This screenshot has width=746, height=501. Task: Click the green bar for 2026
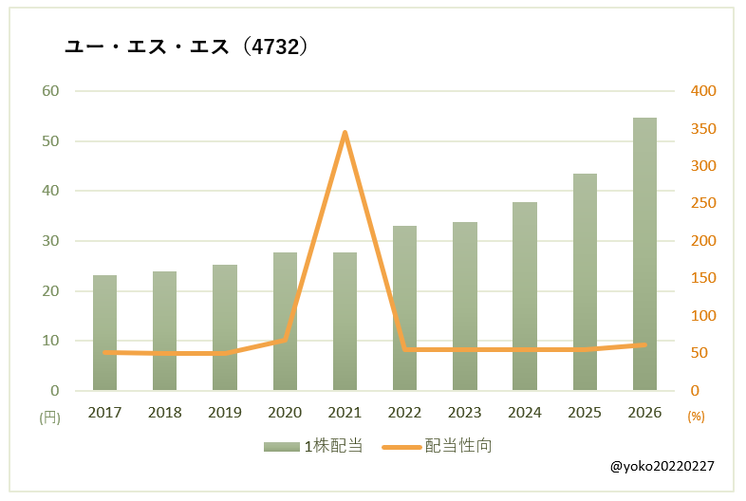[644, 254]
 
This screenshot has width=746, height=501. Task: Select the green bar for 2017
[104, 333]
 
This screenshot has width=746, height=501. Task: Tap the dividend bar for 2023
[465, 306]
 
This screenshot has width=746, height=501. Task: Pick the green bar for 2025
[585, 282]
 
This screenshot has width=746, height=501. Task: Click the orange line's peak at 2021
[345, 132]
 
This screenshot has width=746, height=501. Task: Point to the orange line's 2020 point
[285, 340]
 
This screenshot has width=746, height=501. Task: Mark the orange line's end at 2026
[644, 344]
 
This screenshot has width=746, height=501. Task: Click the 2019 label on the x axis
[225, 412]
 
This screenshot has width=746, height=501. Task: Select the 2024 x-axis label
[524, 412]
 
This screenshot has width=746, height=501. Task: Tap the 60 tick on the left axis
[50, 90]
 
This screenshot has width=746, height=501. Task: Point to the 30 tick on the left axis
[50, 241]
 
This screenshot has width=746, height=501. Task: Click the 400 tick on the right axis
[703, 90]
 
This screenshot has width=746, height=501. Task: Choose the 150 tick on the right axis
[703, 277]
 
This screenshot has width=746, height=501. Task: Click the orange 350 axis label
[703, 128]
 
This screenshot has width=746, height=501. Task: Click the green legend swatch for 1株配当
[282, 447]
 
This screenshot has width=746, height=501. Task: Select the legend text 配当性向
[458, 446]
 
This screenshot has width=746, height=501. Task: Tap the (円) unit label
[50, 417]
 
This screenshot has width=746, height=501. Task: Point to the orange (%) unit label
[696, 417]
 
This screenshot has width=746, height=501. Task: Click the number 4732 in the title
[275, 46]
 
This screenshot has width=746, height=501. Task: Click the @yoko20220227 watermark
[662, 466]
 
